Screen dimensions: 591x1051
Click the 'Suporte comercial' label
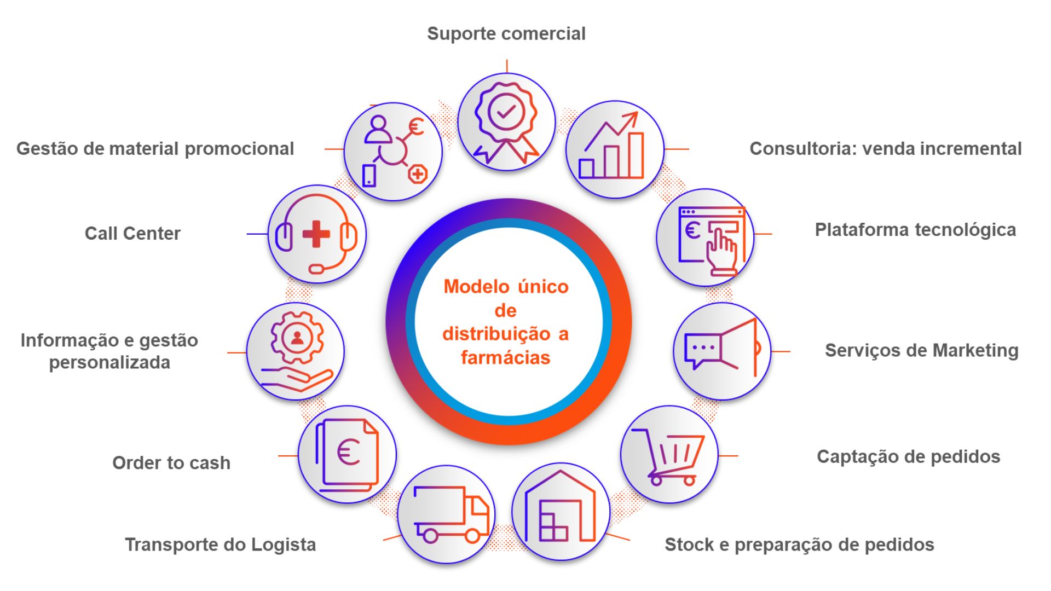pyautogui.click(x=506, y=34)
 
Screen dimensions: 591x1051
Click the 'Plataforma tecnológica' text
pyautogui.click(x=915, y=230)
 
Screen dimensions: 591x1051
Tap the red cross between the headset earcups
pyautogui.click(x=316, y=234)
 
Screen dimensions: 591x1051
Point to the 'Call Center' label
pyautogui.click(x=132, y=234)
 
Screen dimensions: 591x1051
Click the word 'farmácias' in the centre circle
pyautogui.click(x=505, y=358)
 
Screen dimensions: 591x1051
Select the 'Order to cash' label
pyautogui.click(x=171, y=463)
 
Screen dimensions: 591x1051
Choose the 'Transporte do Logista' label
pyautogui.click(x=220, y=545)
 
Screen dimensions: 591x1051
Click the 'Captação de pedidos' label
pyautogui.click(x=908, y=456)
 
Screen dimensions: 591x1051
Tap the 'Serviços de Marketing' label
pyautogui.click(x=921, y=350)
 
